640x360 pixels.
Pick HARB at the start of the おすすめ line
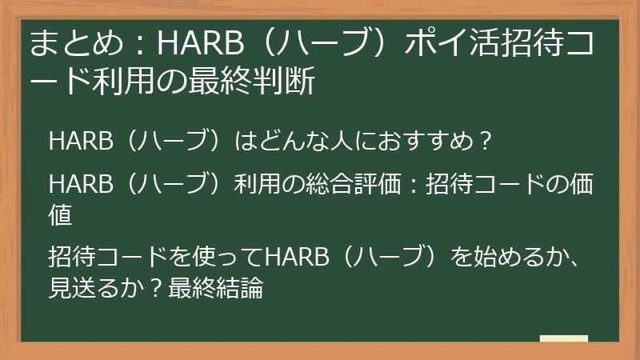[74, 142]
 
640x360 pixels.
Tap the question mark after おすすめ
[482, 142]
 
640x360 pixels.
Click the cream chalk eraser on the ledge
[564, 338]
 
